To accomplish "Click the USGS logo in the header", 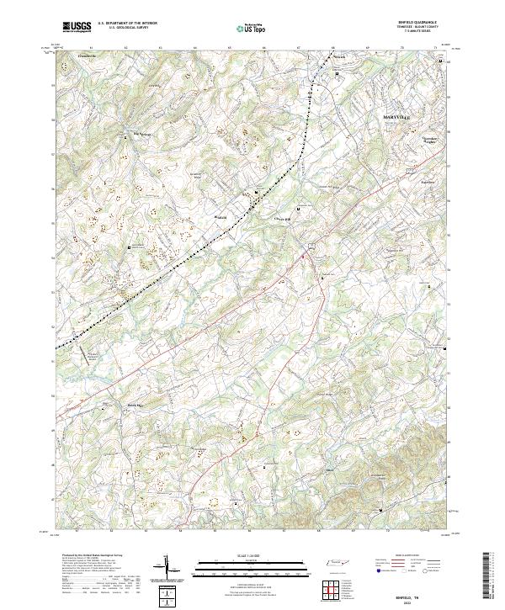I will point(77,27).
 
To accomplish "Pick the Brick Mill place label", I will point(136,406).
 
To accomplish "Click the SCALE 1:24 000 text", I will point(250,556).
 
